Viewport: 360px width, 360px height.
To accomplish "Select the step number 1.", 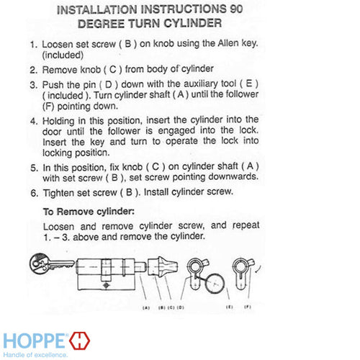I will pyautogui.click(x=33, y=44).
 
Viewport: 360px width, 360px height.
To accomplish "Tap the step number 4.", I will pyautogui.click(x=33, y=119).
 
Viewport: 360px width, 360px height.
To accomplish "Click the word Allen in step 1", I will pyautogui.click(x=210, y=44).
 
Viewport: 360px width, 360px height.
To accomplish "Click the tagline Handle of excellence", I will pyautogui.click(x=36, y=354).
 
